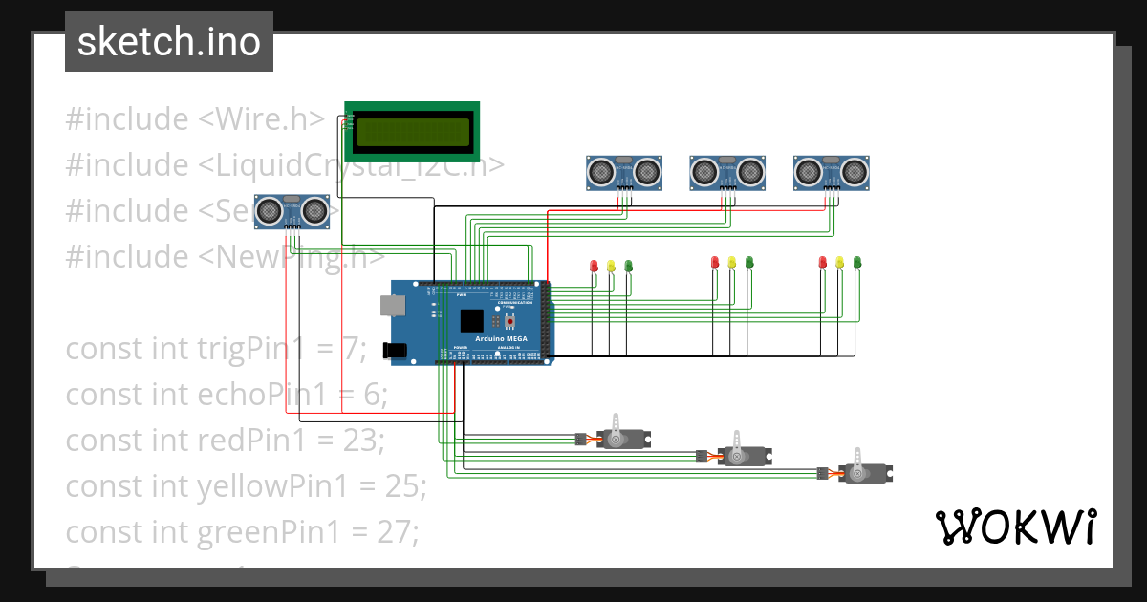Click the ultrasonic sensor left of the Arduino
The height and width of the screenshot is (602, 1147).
pyautogui.click(x=292, y=210)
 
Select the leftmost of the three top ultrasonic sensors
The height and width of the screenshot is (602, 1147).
pyautogui.click(x=624, y=171)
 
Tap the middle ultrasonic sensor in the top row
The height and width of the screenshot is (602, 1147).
pyautogui.click(x=728, y=171)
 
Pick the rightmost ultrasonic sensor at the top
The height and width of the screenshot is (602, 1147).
pyautogui.click(x=832, y=171)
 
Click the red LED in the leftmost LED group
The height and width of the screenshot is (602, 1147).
pyautogui.click(x=593, y=265)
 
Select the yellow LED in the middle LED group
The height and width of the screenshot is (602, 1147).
pyautogui.click(x=731, y=261)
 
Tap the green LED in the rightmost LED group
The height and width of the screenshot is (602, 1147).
pyautogui.click(x=857, y=261)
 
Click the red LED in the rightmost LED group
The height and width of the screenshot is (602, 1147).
pyautogui.click(x=822, y=261)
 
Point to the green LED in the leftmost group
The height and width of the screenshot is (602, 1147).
pyautogui.click(x=628, y=265)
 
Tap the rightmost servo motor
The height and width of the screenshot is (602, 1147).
pyautogui.click(x=863, y=471)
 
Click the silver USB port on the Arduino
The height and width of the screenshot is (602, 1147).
pyautogui.click(x=392, y=305)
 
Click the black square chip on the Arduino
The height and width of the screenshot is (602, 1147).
pyautogui.click(x=471, y=320)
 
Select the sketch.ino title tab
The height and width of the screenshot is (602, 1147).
pyautogui.click(x=169, y=42)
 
